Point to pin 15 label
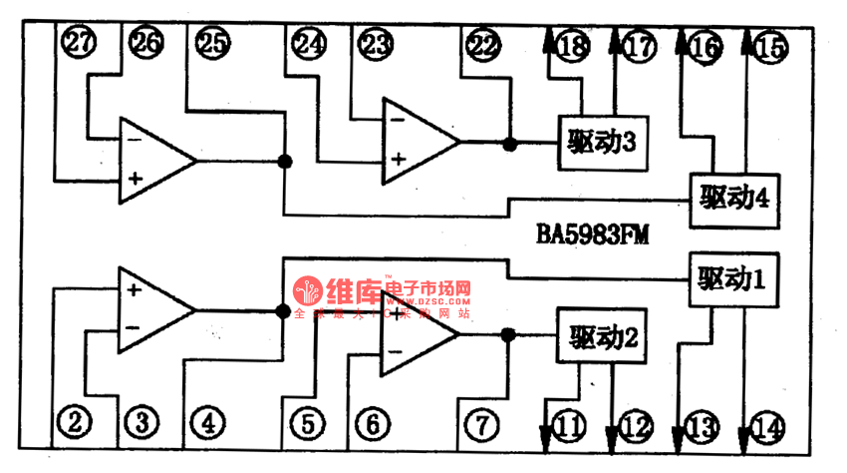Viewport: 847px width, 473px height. click(770, 46)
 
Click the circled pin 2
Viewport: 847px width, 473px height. click(75, 424)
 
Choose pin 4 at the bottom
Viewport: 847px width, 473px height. click(207, 424)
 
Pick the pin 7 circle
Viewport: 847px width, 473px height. click(482, 424)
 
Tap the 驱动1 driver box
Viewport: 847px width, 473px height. click(731, 281)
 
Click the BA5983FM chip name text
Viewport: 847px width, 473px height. click(594, 235)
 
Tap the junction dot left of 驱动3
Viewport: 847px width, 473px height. click(510, 144)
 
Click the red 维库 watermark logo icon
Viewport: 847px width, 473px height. click(308, 291)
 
